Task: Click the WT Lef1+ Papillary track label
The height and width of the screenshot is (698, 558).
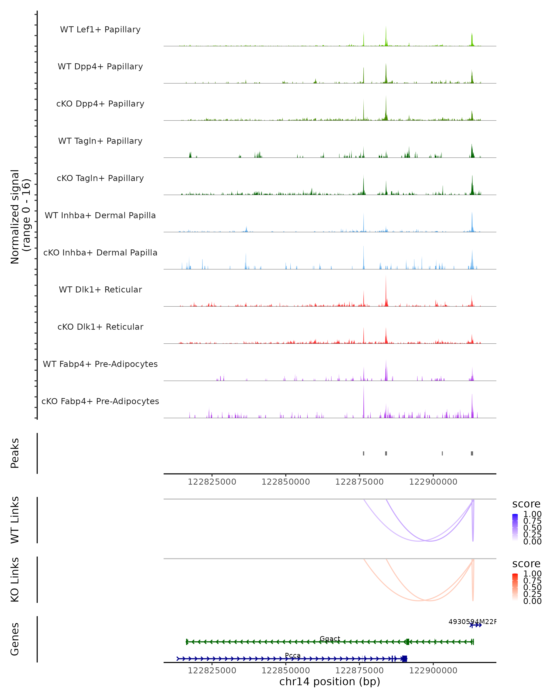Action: pos(100,30)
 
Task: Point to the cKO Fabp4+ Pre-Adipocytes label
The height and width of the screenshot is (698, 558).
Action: pos(100,401)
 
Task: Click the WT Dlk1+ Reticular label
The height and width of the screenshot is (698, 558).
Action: pos(100,289)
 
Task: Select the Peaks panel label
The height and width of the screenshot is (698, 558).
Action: pos(15,453)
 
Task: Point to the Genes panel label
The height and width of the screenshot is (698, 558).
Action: pos(15,639)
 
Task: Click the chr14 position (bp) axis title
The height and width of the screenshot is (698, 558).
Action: pos(330,681)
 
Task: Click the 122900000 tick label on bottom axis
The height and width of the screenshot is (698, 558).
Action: pos(433,671)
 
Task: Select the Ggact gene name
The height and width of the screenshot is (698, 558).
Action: pos(330,638)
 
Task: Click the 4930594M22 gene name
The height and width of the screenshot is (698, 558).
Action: pos(472,622)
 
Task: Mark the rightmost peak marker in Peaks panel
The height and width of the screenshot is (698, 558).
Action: pos(472,453)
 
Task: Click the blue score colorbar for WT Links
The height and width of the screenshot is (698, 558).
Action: pos(515,527)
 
